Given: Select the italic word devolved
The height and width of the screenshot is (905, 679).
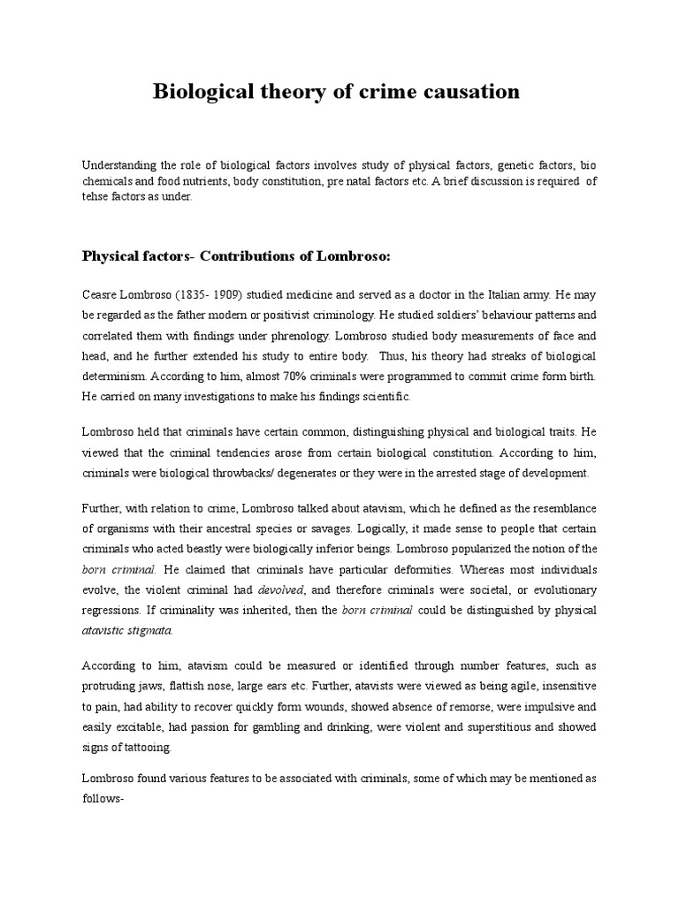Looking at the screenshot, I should click(281, 590).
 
